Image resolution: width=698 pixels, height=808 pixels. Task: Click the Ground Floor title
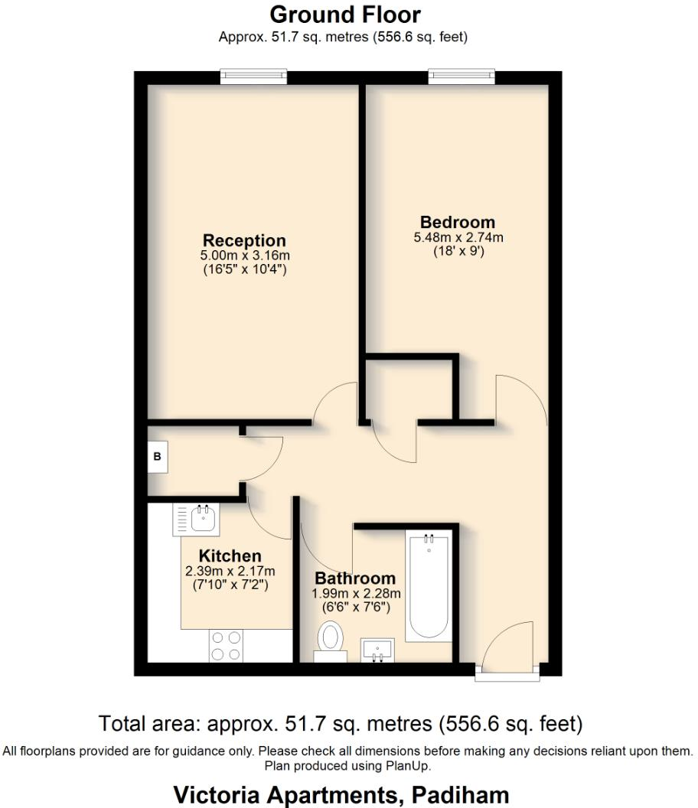pyautogui.click(x=344, y=15)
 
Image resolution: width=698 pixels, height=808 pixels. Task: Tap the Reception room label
pyautogui.click(x=244, y=240)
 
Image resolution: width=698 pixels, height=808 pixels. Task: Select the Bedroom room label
pyautogui.click(x=458, y=223)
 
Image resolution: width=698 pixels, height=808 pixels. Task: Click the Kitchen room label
pyautogui.click(x=230, y=555)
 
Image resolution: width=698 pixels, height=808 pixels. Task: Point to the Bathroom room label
pyautogui.click(x=355, y=578)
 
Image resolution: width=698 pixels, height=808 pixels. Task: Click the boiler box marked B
pyautogui.click(x=158, y=458)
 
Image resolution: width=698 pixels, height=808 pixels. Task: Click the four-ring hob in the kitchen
pyautogui.click(x=225, y=645)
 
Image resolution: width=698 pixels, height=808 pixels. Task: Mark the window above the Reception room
pyautogui.click(x=253, y=76)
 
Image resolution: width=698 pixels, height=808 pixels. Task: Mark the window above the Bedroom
pyautogui.click(x=461, y=76)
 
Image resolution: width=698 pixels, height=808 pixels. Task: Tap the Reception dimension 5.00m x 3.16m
pyautogui.click(x=244, y=256)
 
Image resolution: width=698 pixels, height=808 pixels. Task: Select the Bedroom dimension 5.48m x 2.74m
pyautogui.click(x=458, y=238)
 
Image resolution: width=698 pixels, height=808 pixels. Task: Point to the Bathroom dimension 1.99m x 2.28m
pyautogui.click(x=356, y=593)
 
